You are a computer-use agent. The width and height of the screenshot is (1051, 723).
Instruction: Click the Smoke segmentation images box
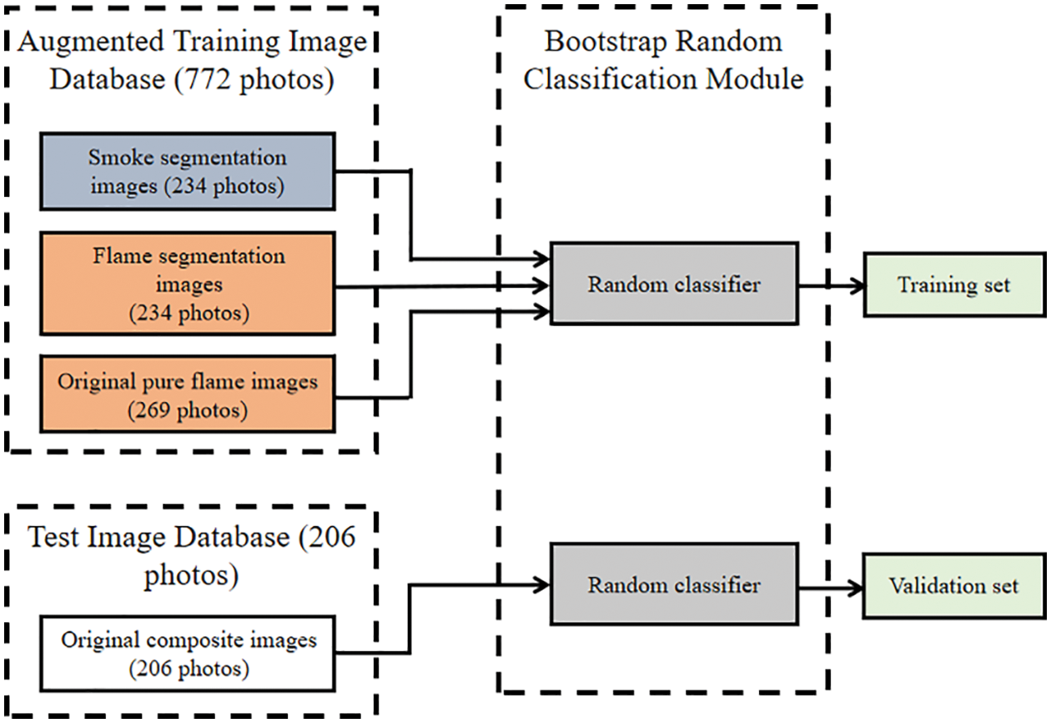tap(187, 171)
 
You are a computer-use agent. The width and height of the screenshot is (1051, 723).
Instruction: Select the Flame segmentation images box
tap(187, 284)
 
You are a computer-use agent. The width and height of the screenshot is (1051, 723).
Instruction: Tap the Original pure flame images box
tap(187, 394)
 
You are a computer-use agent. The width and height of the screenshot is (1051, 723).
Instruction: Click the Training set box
tap(953, 285)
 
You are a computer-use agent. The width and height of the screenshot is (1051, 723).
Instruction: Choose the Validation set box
tap(953, 586)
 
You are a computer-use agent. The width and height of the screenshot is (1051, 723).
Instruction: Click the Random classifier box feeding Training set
tap(673, 284)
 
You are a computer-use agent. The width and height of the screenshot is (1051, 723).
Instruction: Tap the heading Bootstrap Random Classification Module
tap(663, 60)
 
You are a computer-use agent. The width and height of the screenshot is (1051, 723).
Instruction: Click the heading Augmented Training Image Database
tap(192, 60)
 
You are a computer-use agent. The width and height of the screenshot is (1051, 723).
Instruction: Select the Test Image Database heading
tap(192, 552)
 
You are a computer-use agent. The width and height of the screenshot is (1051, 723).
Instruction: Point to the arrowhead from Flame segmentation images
tap(542, 286)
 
